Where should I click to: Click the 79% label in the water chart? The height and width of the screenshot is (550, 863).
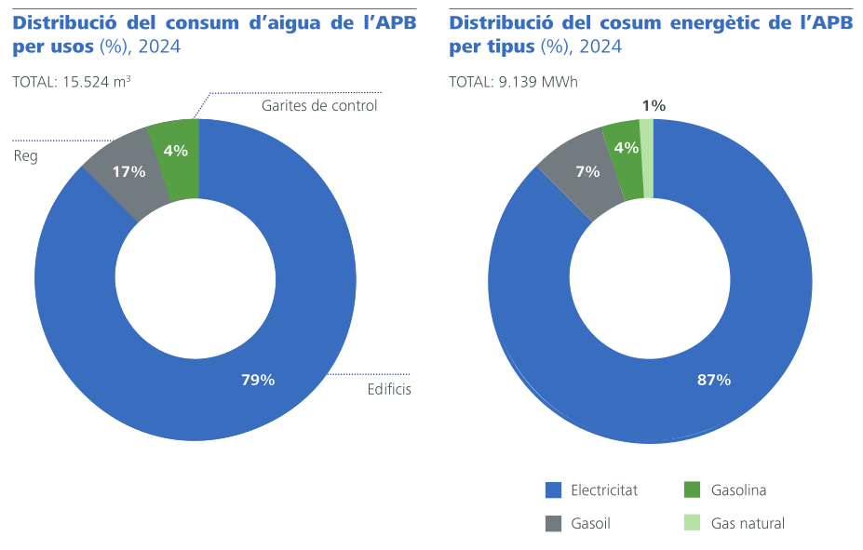point(258,380)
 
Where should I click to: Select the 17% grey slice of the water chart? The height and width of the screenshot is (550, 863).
point(128,172)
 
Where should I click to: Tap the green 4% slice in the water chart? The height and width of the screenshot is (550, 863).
point(176,151)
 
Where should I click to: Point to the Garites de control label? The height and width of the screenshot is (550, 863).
point(319,106)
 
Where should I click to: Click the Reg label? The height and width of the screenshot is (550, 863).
point(25,155)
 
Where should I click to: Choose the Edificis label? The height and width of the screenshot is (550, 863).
point(389,389)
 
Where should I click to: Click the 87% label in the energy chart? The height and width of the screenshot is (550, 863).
point(714,380)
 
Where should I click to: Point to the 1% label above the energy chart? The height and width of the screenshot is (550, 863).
point(654,106)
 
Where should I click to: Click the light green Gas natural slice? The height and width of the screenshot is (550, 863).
point(647,158)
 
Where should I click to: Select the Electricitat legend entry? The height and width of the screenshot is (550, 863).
point(604,490)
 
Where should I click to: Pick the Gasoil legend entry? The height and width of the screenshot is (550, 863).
point(590,523)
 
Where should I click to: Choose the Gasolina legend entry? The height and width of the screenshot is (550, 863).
point(738,490)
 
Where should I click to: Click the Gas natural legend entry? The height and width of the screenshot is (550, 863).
point(748,523)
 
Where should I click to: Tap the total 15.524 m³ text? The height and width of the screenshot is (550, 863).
point(72,82)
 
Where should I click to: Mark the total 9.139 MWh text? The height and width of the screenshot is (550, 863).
point(513,82)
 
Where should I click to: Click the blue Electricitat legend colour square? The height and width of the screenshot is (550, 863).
point(553,490)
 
